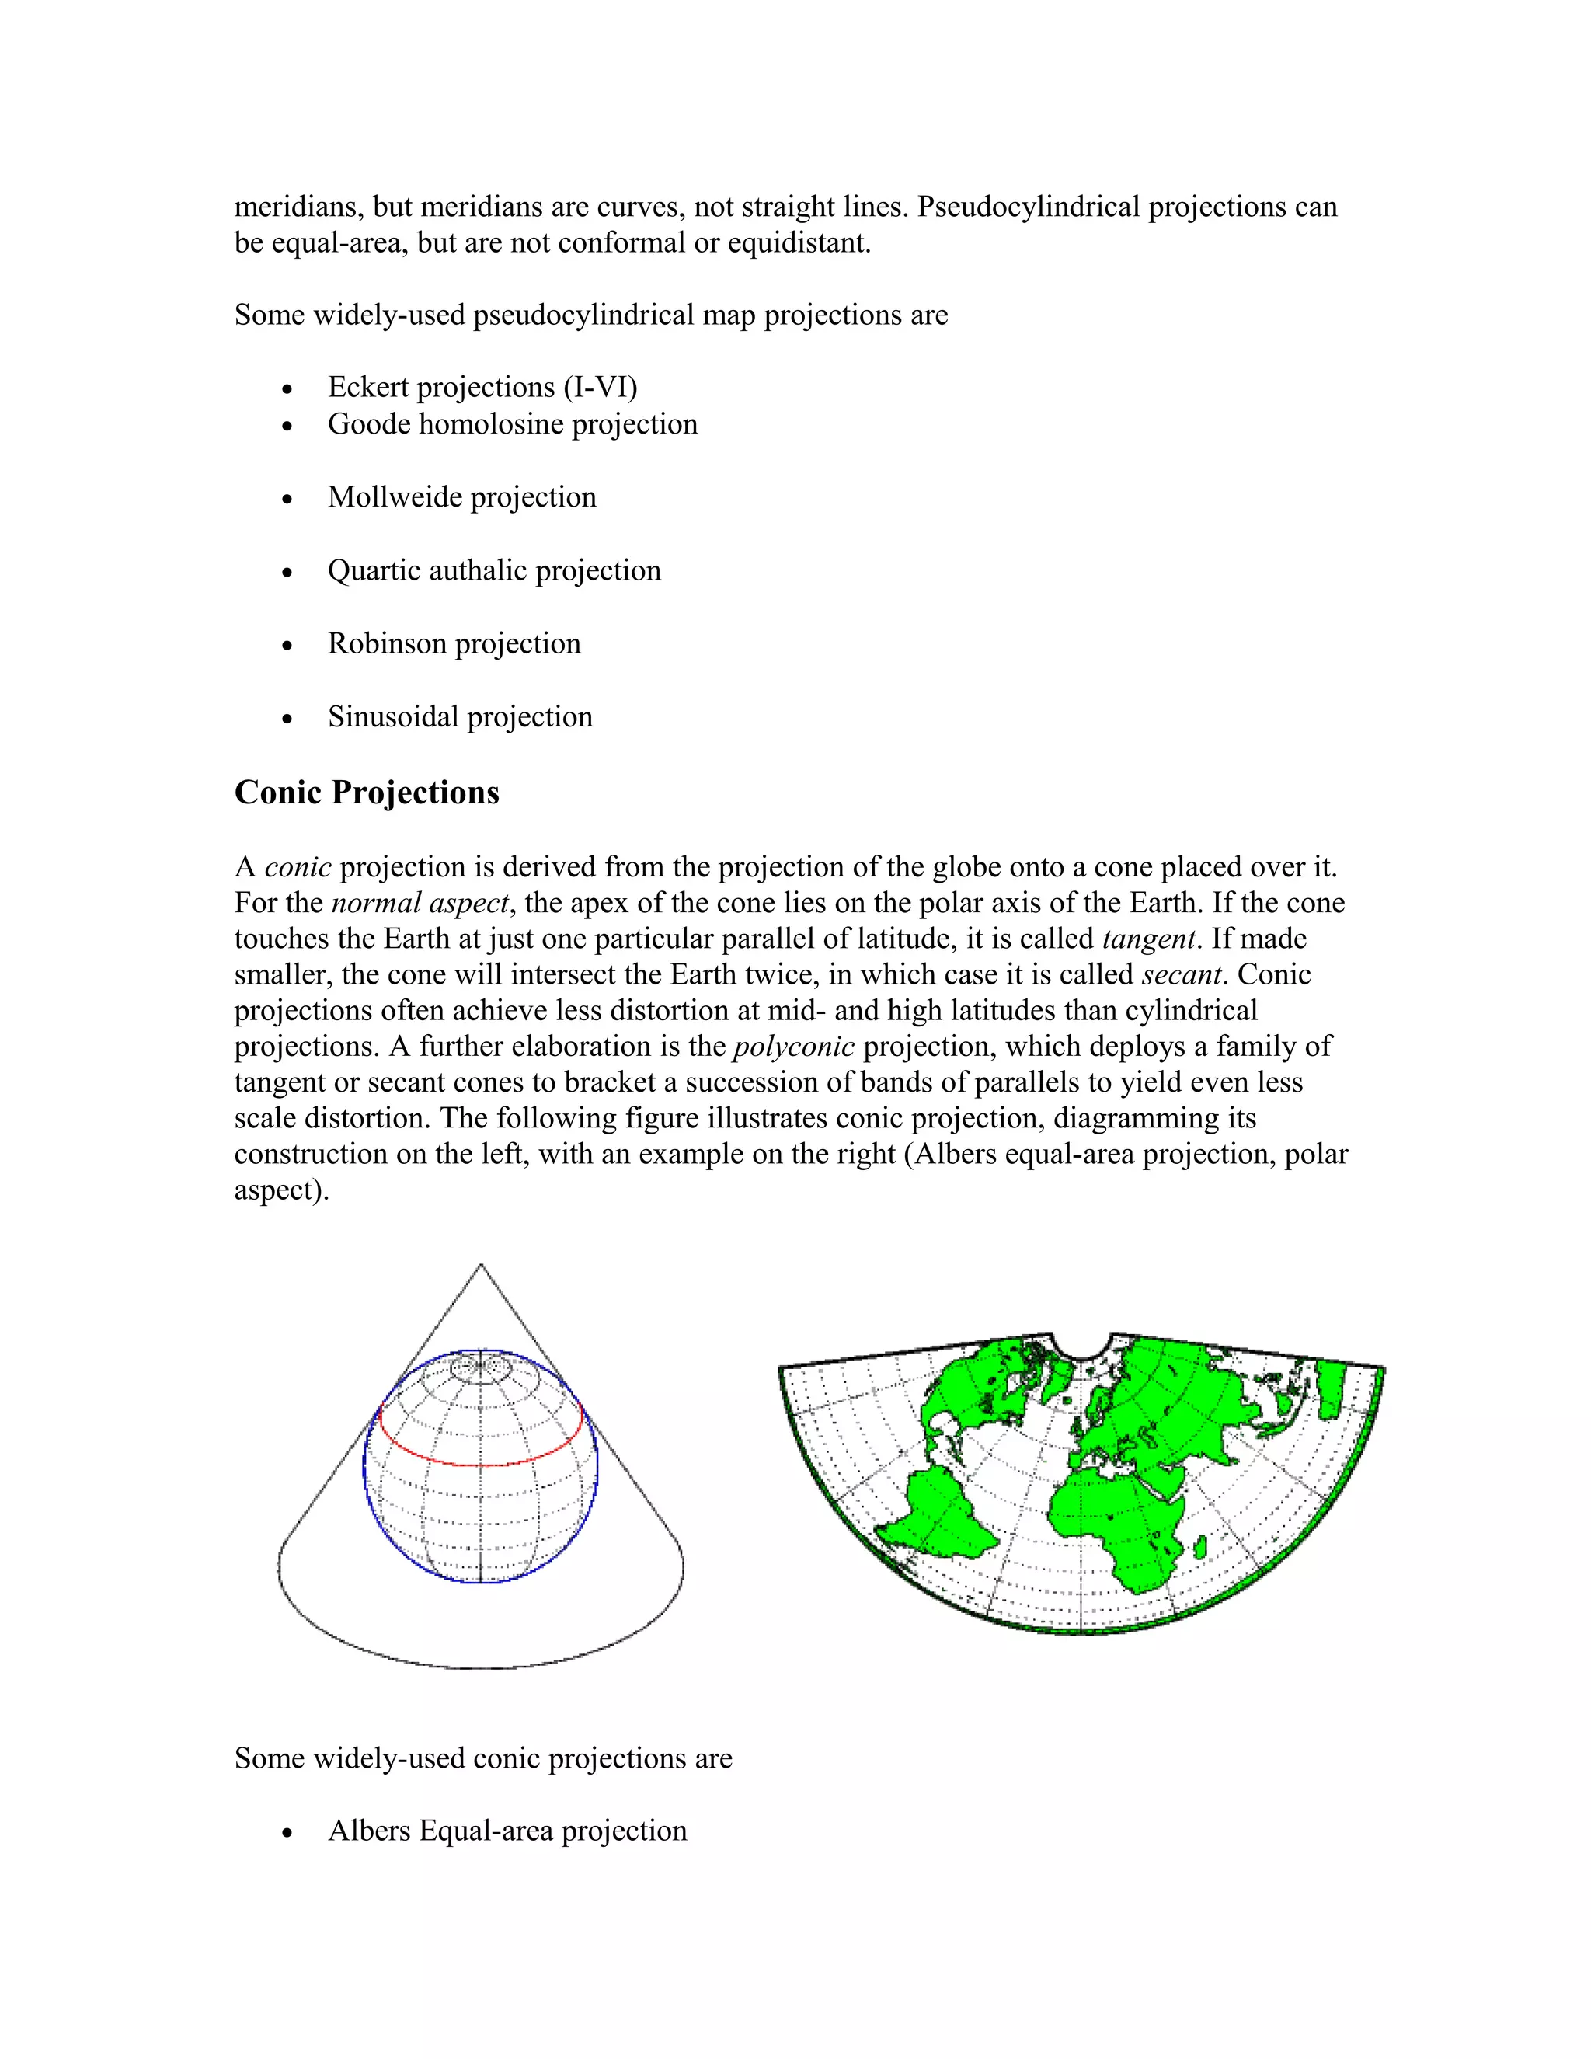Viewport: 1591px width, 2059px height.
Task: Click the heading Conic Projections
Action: [x=367, y=793]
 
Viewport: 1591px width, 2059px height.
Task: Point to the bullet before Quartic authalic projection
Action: [x=287, y=573]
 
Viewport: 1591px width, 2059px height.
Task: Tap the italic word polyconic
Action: [x=794, y=1047]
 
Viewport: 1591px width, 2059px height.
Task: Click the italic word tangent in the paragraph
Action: [x=1148, y=939]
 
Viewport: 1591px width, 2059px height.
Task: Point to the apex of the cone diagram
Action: [x=481, y=1266]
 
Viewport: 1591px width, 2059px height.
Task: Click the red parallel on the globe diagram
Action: [x=481, y=1465]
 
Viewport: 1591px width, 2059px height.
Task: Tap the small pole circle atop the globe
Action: [x=481, y=1366]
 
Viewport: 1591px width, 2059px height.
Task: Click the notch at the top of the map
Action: [x=1082, y=1347]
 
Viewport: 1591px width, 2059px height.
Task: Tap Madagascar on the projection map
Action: [x=1201, y=1548]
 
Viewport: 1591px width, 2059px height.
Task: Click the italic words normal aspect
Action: [x=420, y=903]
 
